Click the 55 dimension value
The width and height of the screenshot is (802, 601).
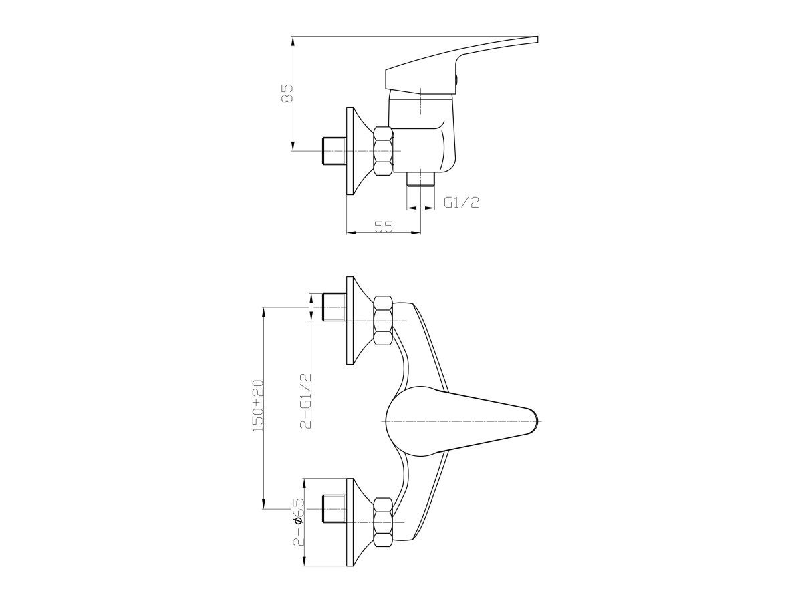[x=383, y=227]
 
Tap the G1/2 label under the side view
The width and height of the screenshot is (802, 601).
[x=461, y=202]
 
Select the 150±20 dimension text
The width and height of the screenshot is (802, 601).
[x=259, y=406]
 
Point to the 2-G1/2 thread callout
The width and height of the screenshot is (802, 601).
[x=306, y=401]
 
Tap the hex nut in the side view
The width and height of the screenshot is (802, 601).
[x=383, y=150]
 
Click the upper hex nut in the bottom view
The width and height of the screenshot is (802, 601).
[x=383, y=321]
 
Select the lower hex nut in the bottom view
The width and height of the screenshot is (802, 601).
[x=383, y=522]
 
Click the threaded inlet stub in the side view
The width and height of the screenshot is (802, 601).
[x=333, y=150]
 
